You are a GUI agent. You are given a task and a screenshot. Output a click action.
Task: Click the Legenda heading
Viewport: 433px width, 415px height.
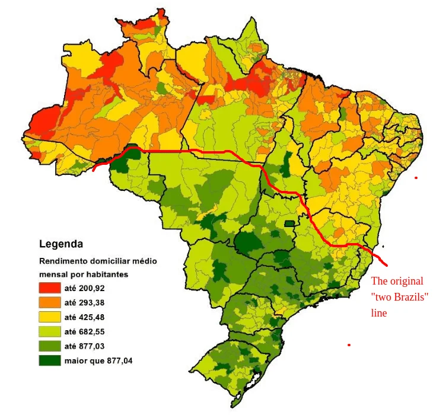(x=61, y=244)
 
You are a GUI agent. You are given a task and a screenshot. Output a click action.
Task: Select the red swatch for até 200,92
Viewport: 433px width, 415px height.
(x=50, y=288)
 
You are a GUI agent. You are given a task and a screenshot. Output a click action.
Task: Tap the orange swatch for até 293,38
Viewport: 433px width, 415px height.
(x=50, y=302)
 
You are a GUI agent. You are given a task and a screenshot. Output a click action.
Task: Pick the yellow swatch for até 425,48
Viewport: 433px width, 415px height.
(x=50, y=317)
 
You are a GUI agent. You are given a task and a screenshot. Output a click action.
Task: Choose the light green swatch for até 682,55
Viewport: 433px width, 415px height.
(x=50, y=331)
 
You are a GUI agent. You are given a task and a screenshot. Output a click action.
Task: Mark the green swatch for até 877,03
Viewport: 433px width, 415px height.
(x=50, y=346)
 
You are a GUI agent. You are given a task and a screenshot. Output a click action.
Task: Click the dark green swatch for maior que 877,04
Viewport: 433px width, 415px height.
(x=50, y=360)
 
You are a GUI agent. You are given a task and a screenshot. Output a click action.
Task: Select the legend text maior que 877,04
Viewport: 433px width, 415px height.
(x=98, y=360)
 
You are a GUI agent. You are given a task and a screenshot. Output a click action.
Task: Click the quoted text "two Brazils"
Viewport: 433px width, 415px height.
(x=399, y=297)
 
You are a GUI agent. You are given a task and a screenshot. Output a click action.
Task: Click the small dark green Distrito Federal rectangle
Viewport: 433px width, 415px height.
(x=289, y=224)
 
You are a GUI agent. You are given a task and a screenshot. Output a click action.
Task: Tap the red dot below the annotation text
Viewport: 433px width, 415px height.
(x=349, y=344)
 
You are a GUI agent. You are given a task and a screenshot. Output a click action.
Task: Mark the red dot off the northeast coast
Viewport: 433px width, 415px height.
(x=416, y=177)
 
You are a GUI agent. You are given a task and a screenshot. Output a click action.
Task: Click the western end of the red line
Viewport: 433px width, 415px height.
(x=95, y=170)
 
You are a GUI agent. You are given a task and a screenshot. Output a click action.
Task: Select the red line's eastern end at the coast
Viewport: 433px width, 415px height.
(x=386, y=264)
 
